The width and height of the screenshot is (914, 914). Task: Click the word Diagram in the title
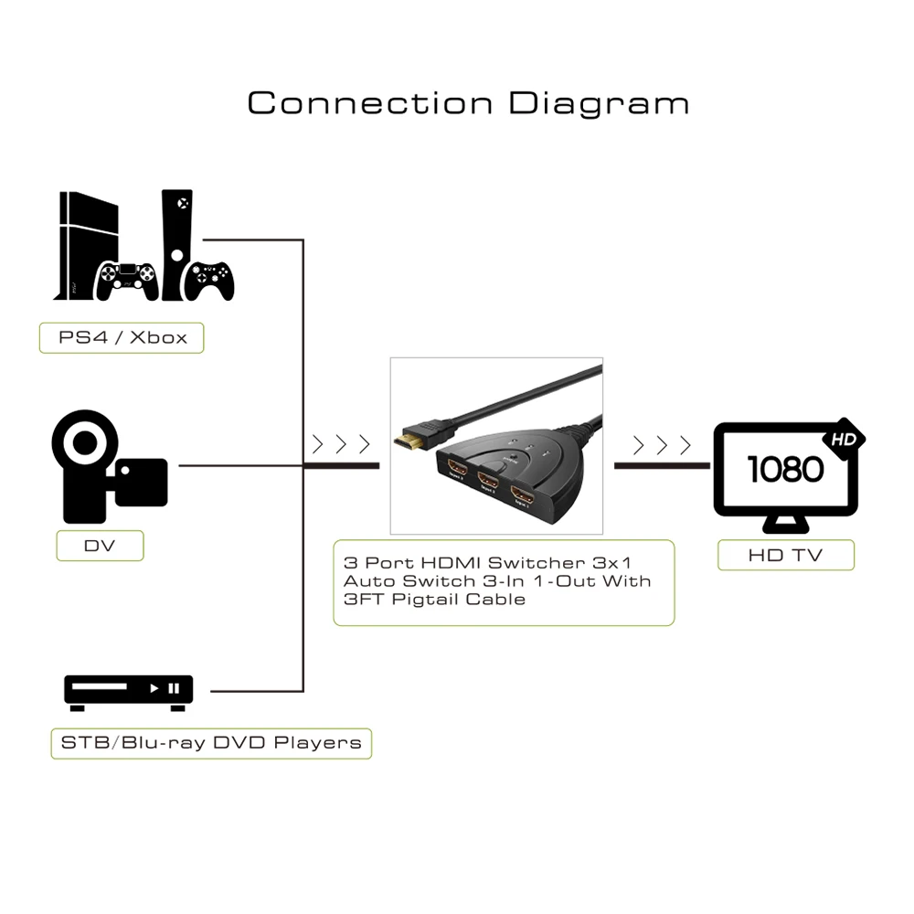click(599, 103)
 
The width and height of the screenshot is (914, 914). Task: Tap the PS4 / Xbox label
click(122, 337)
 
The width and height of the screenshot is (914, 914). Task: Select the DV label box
click(101, 546)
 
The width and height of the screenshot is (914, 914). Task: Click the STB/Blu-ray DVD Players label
click(211, 742)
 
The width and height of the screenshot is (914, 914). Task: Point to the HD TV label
click(785, 555)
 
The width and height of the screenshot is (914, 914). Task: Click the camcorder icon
click(107, 468)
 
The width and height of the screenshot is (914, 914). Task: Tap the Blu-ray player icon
click(129, 692)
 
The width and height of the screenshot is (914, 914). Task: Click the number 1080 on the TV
click(785, 469)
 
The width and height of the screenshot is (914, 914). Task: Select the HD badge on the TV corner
click(843, 441)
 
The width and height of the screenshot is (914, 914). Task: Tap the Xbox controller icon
click(209, 279)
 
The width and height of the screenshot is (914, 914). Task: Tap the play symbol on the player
click(154, 687)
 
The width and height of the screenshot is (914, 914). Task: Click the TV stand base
click(785, 527)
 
